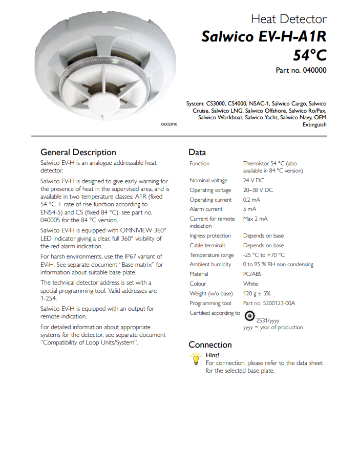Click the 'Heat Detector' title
pyautogui.click(x=288, y=19)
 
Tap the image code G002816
pyautogui.click(x=169, y=125)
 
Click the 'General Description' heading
pyautogui.click(x=78, y=152)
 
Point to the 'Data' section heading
pyautogui.click(x=197, y=152)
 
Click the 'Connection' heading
pyautogui.click(x=210, y=345)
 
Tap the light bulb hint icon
pyautogui.click(x=195, y=358)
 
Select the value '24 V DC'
pyautogui.click(x=253, y=180)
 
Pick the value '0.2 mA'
pyautogui.click(x=251, y=200)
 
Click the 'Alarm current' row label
pyautogui.click(x=206, y=209)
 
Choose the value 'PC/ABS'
pyautogui.click(x=253, y=274)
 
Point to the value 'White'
pyautogui.click(x=250, y=284)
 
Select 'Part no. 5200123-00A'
pyautogui.click(x=269, y=303)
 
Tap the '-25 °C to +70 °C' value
pyautogui.click(x=264, y=255)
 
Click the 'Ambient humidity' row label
pyautogui.click(x=210, y=264)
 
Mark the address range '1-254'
pyautogui.click(x=49, y=298)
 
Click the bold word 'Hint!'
pyautogui.click(x=213, y=355)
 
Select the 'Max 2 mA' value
pyautogui.click(x=255, y=219)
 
